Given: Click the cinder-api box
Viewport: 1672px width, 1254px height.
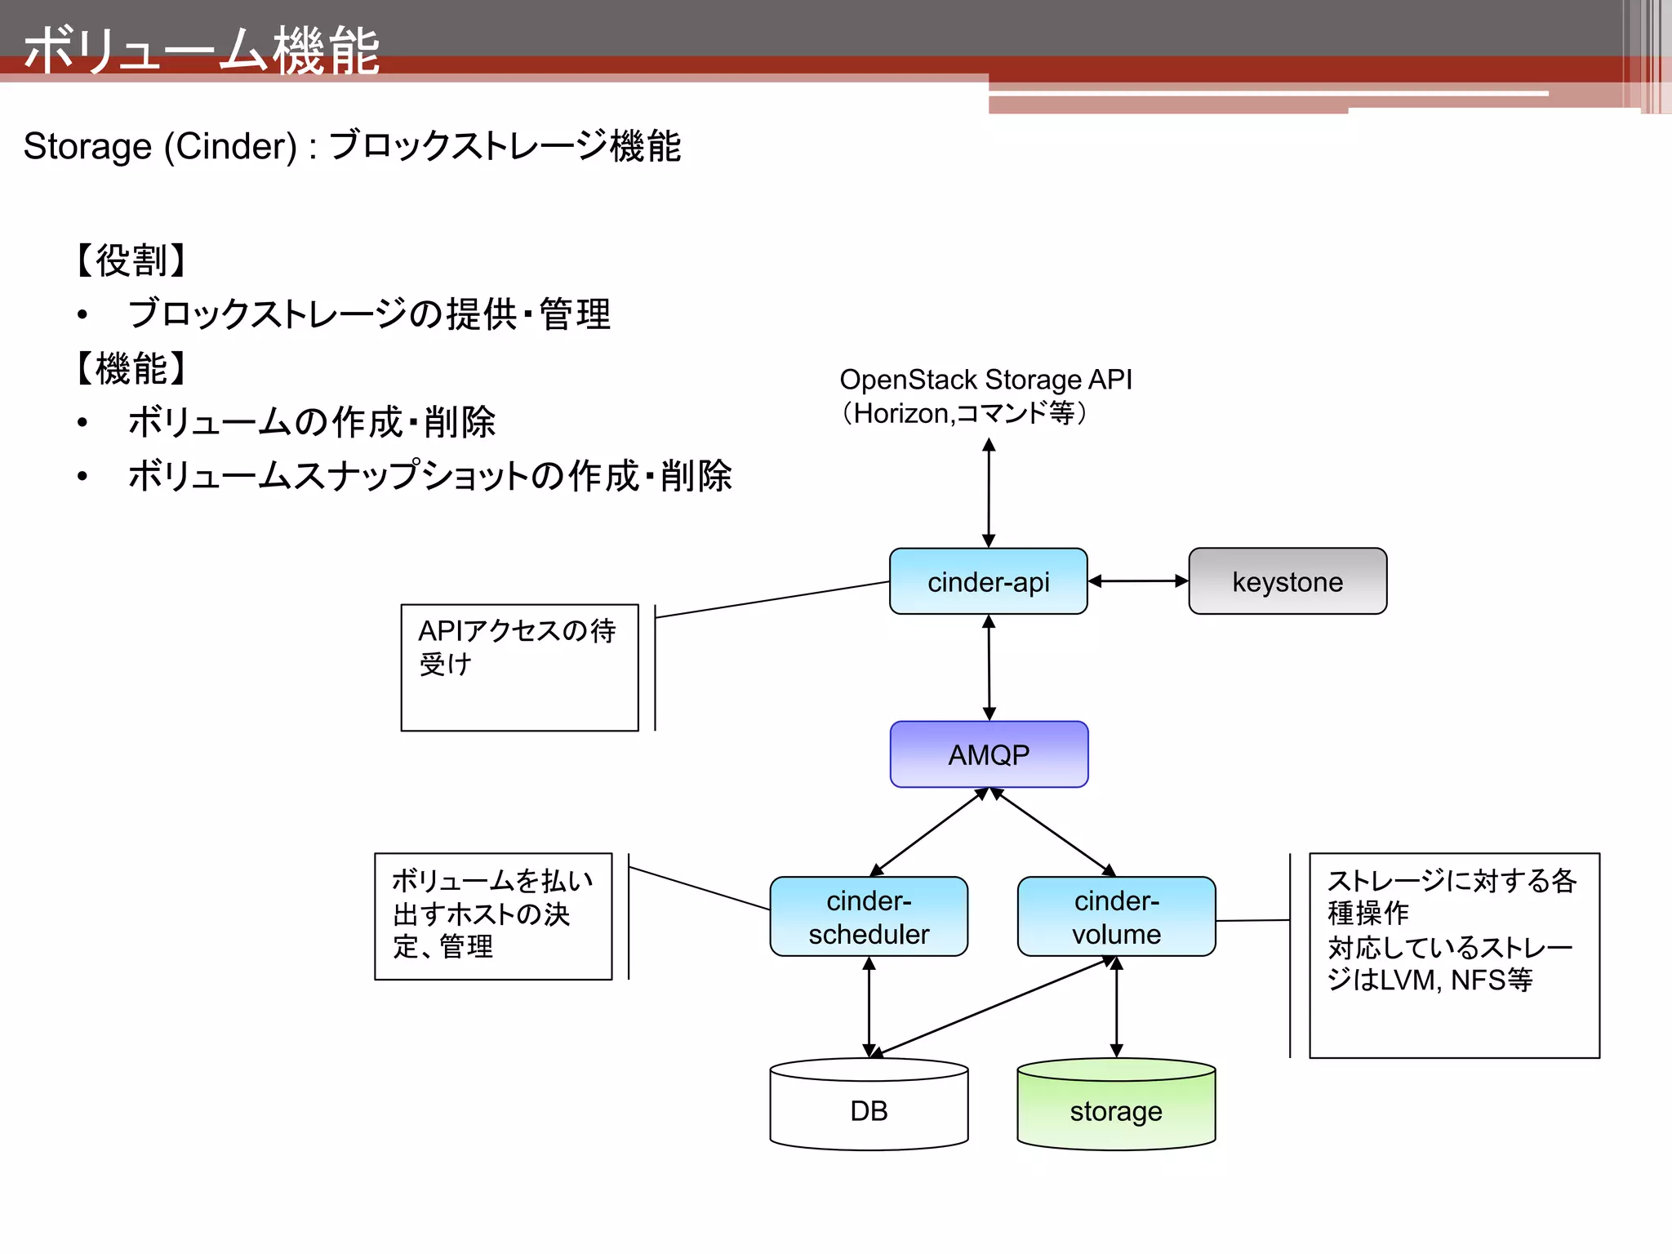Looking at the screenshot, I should (988, 581).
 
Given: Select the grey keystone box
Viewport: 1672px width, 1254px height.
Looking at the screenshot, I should (1287, 581).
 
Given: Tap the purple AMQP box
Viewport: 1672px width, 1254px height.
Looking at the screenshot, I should (989, 754).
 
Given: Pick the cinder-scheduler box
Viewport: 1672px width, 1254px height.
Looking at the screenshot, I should (869, 917).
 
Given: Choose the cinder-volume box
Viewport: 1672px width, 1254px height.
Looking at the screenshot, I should (1116, 917).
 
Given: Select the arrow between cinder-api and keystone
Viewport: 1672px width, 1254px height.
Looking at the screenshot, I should (1138, 581).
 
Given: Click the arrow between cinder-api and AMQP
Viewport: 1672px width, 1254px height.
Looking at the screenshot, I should (989, 668).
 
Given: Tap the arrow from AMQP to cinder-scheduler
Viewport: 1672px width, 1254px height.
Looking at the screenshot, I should (929, 833).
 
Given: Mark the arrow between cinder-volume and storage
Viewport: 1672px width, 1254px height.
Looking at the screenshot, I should (1116, 1007).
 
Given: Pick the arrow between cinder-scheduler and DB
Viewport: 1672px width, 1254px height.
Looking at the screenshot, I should (869, 1007).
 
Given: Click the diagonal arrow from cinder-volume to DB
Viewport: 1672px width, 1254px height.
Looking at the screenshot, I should (992, 1007).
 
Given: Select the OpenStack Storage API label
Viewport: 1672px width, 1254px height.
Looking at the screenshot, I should (985, 380).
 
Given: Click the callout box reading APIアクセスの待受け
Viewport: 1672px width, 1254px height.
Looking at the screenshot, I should (519, 667).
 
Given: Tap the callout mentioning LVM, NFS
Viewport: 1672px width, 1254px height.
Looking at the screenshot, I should (1454, 955).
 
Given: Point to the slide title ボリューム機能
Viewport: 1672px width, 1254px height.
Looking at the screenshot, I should (202, 51).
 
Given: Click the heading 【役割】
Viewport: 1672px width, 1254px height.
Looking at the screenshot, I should (131, 260).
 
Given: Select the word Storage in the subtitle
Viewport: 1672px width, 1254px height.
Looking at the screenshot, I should (87, 147).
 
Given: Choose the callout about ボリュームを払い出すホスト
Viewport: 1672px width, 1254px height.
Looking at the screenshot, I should (493, 916).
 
